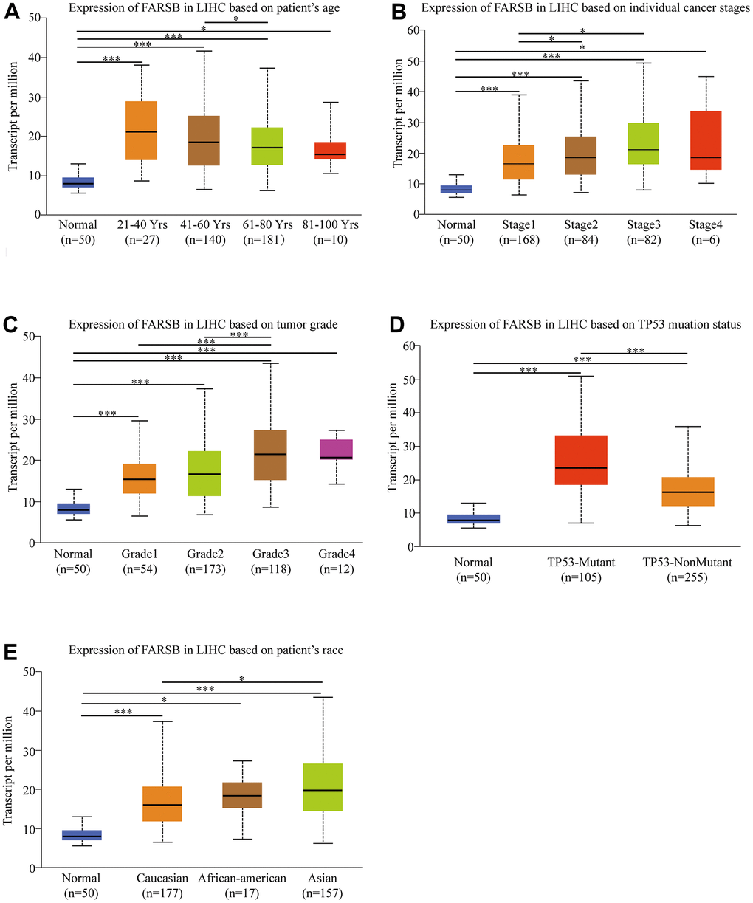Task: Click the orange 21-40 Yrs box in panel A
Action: (x=140, y=131)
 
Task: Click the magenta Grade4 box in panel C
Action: (x=336, y=449)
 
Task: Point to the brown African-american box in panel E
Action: (x=241, y=795)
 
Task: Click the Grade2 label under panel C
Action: (x=204, y=554)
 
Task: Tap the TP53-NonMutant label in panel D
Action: (x=687, y=563)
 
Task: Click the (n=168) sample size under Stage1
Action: (x=518, y=239)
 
